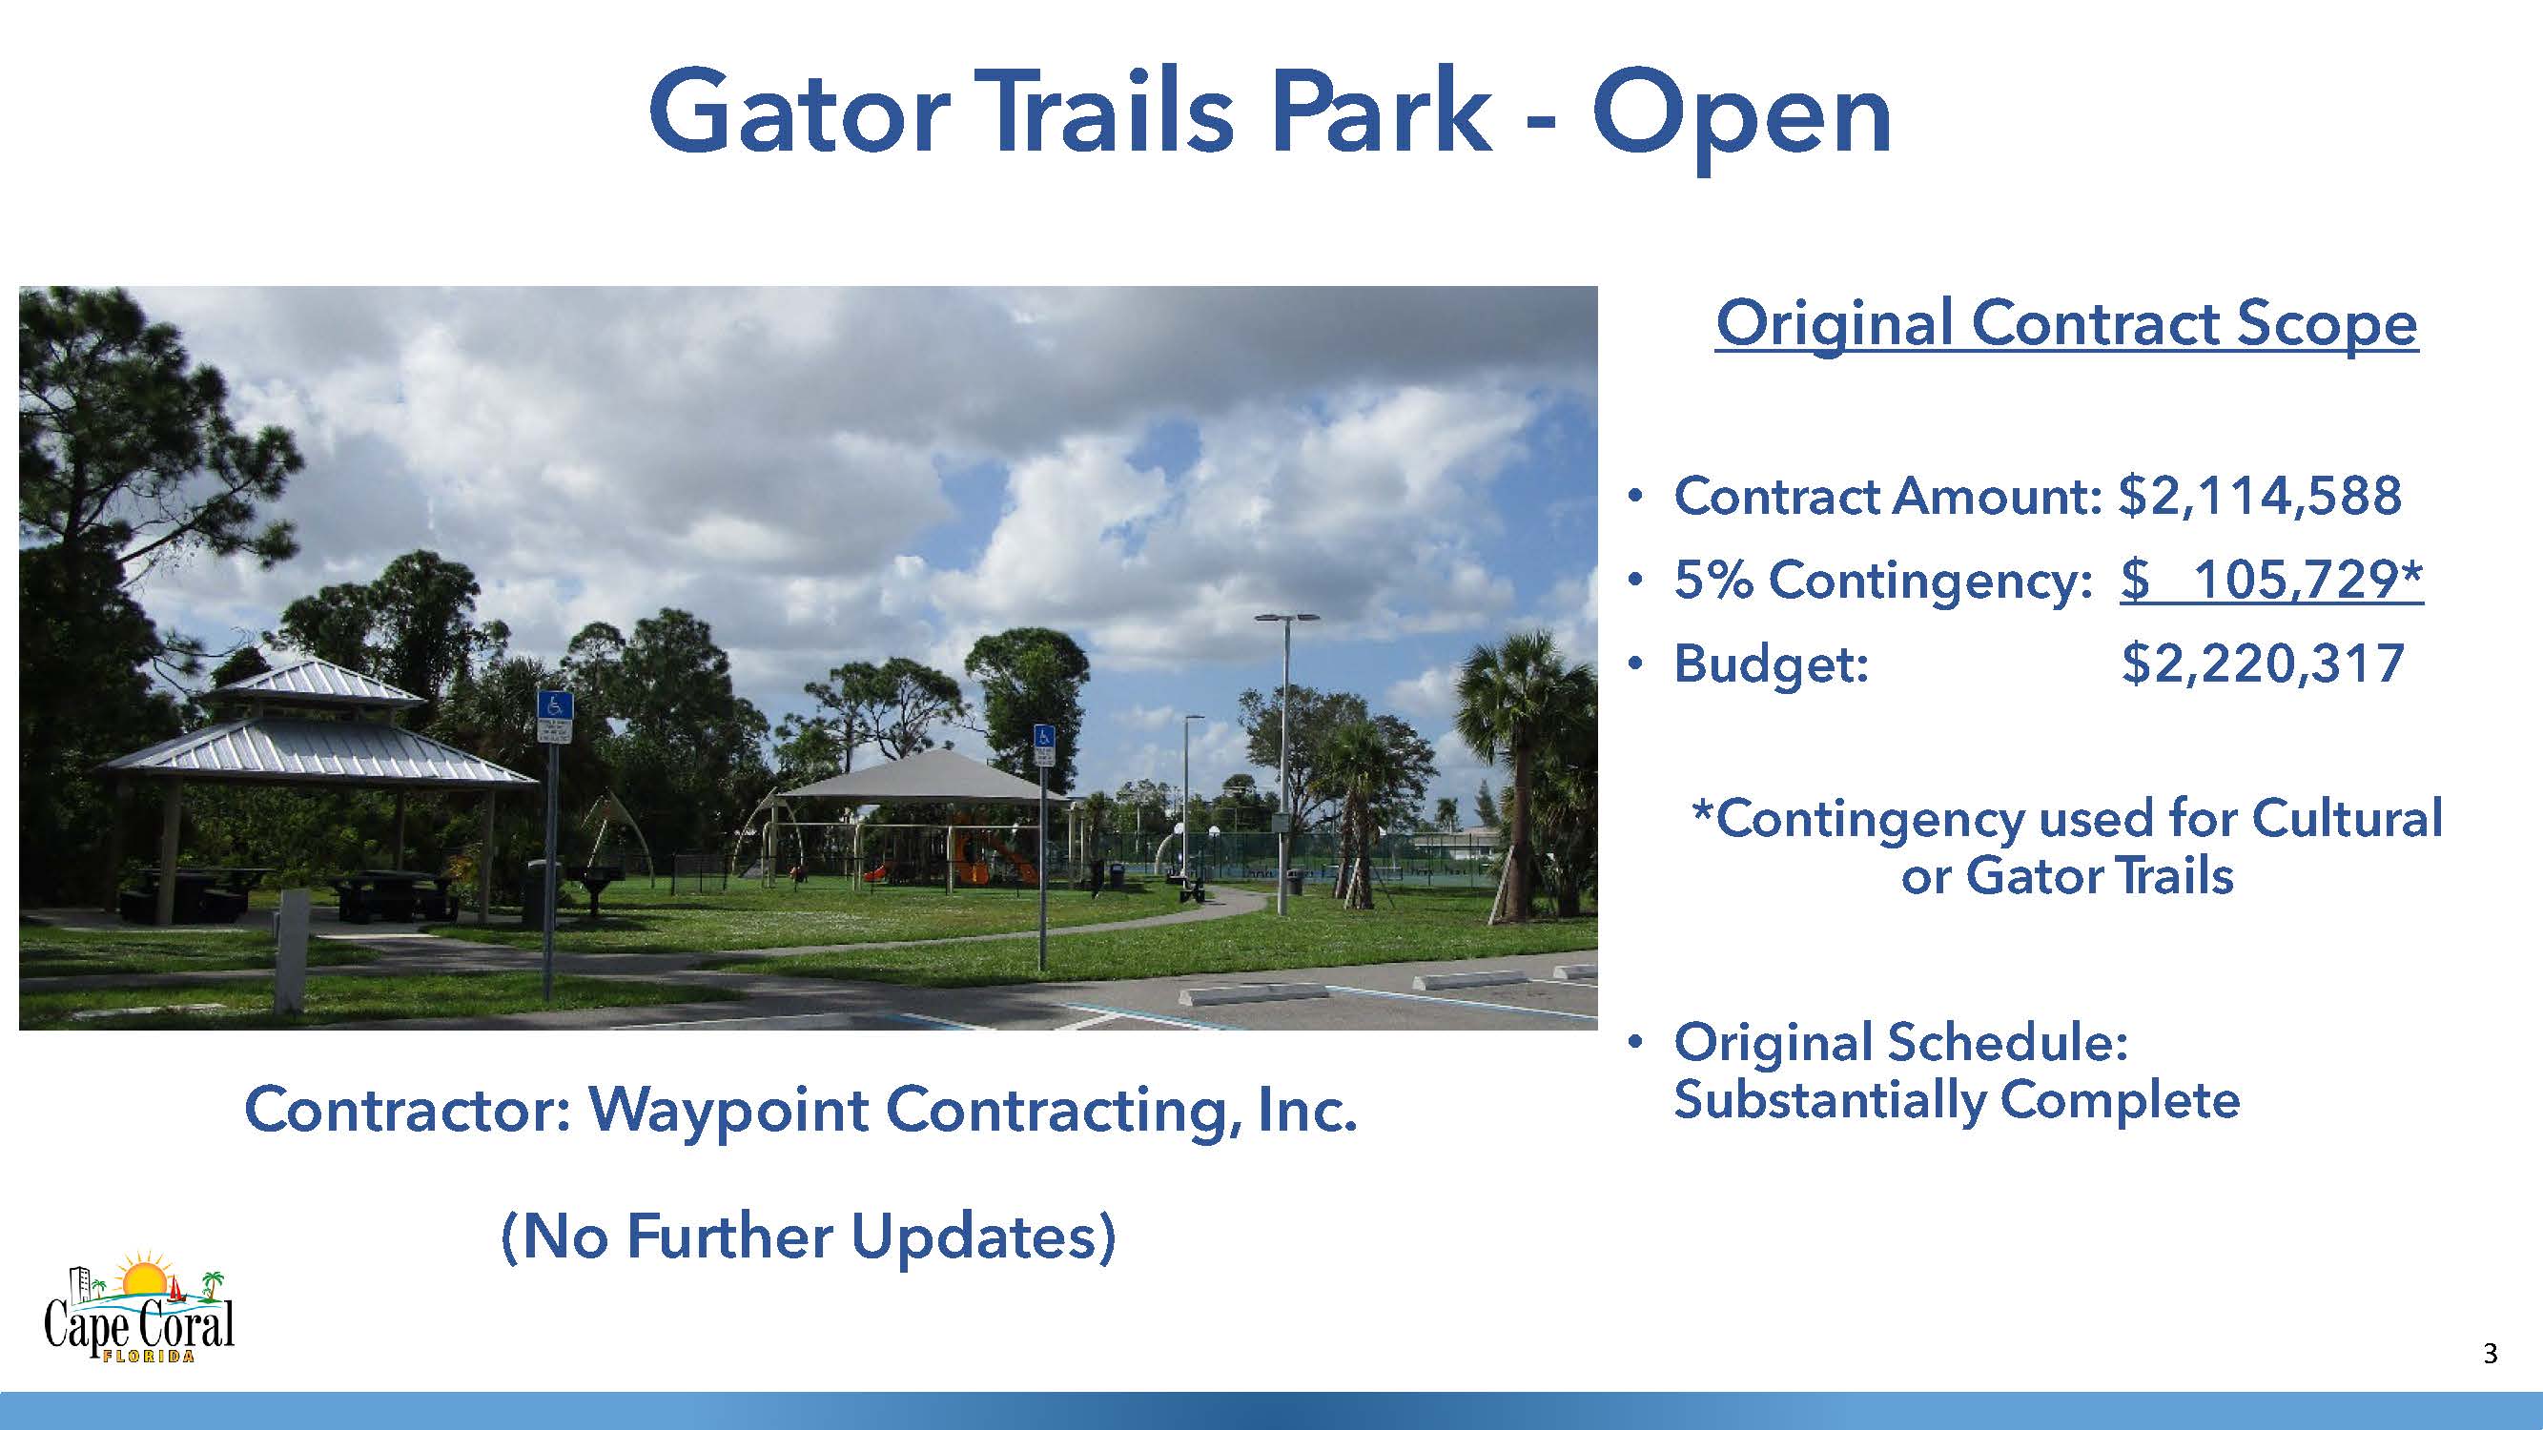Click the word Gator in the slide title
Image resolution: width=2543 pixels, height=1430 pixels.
click(800, 111)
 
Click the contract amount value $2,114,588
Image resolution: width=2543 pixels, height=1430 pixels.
click(2261, 496)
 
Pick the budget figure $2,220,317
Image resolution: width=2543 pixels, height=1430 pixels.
click(2263, 664)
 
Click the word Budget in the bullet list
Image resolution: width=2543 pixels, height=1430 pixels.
click(1771, 664)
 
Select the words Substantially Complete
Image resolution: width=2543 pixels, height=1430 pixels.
click(1957, 1101)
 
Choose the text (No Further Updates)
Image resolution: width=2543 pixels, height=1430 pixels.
click(809, 1236)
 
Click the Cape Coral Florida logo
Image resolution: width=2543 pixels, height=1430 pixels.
click(139, 1307)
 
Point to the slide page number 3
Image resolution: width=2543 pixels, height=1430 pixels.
click(2490, 1353)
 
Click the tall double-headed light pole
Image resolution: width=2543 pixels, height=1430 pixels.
click(1285, 765)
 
